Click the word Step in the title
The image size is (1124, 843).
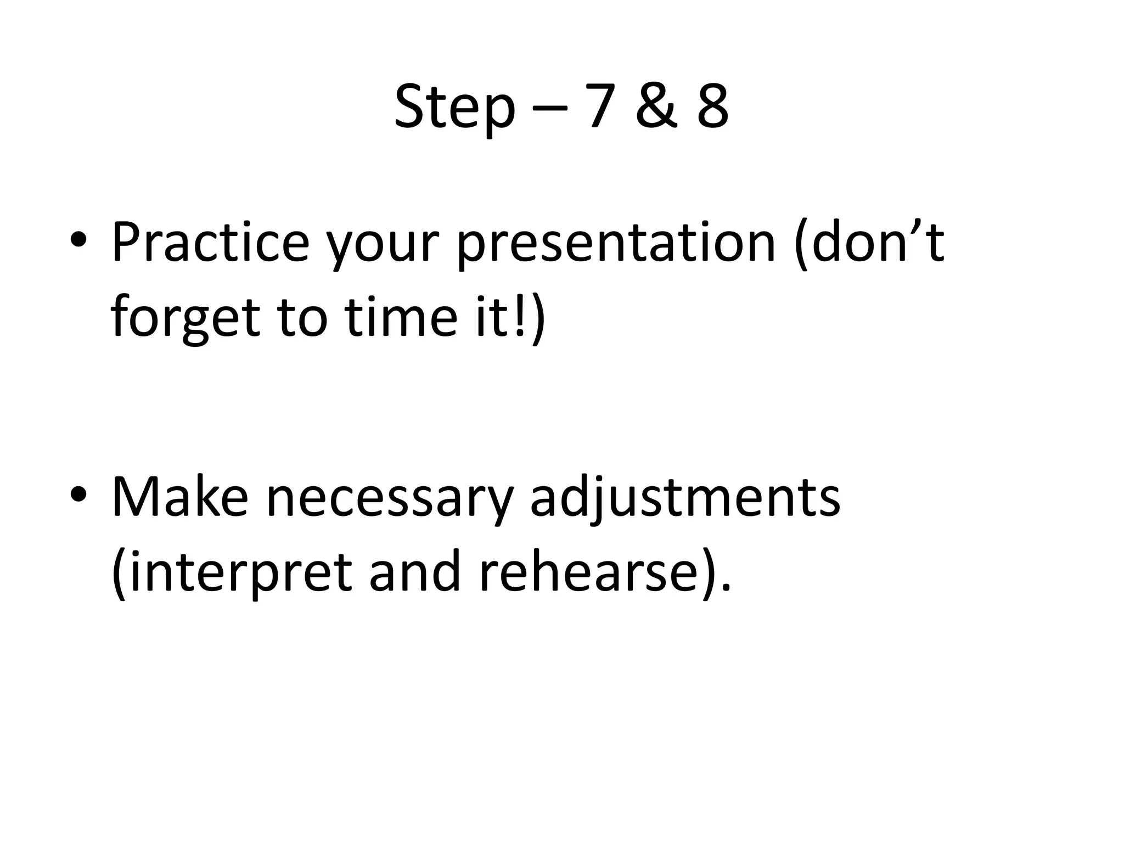coord(455,108)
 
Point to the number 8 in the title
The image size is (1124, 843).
coord(713,108)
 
